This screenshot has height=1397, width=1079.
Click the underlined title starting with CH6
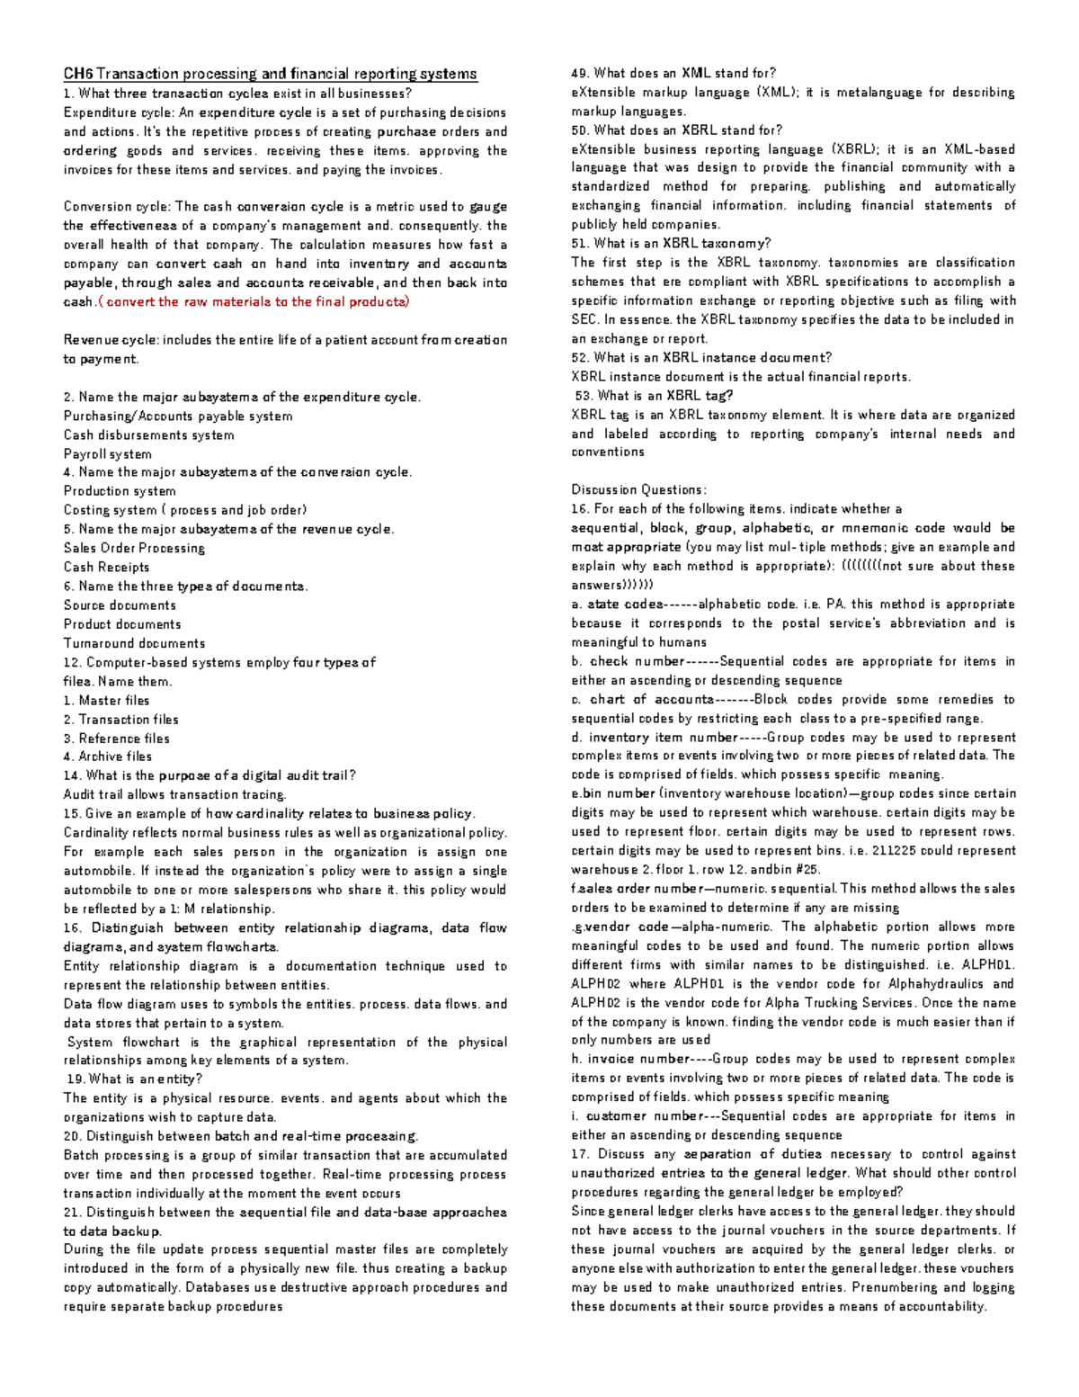pos(270,74)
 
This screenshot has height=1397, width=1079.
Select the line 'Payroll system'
pos(107,454)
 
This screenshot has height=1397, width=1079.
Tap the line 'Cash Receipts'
pos(106,568)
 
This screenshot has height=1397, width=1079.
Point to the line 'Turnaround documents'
pos(134,643)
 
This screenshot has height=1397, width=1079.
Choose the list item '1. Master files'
pos(106,701)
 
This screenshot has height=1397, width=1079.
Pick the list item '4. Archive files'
pos(107,757)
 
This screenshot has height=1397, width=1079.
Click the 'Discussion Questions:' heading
pos(638,490)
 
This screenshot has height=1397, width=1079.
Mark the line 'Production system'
pos(120,491)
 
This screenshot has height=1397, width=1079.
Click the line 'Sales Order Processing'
pos(134,548)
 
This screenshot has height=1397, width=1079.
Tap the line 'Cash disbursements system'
pos(148,435)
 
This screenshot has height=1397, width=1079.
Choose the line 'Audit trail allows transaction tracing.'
pos(174,795)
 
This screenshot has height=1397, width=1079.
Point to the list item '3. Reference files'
pos(116,739)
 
